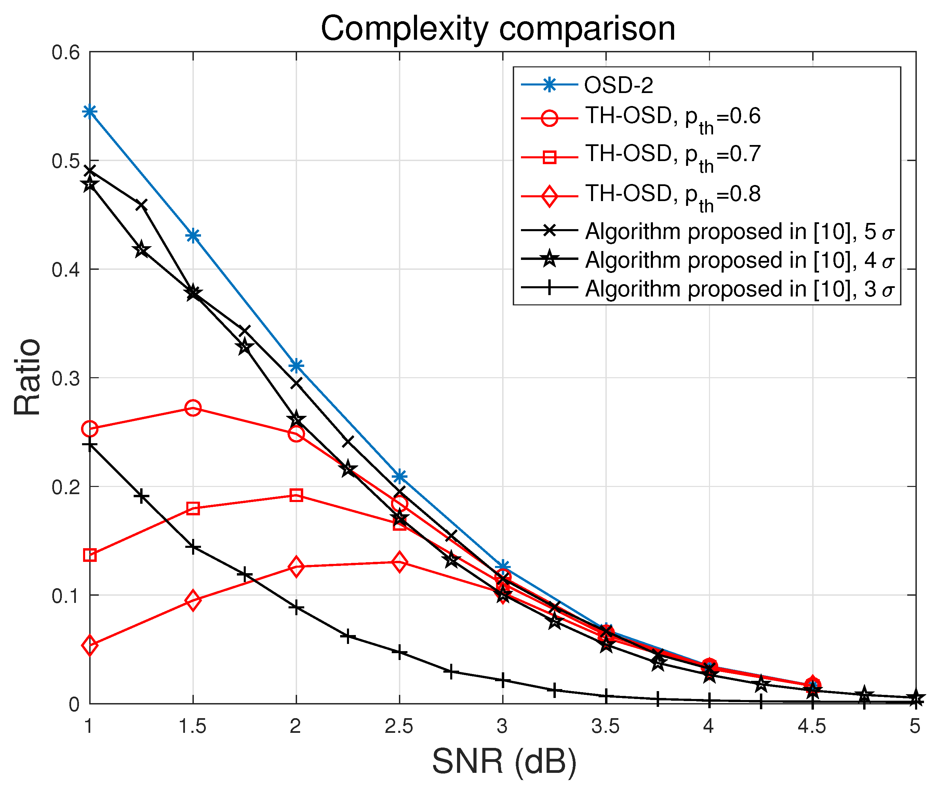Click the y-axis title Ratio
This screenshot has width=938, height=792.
pos(27,378)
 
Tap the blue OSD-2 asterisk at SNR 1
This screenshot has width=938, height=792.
pos(90,111)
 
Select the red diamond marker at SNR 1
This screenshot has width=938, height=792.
pos(90,646)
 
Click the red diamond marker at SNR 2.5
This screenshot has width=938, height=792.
pos(399,562)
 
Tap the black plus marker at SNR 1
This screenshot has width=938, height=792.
pos(90,445)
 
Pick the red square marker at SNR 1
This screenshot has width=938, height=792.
pos(90,555)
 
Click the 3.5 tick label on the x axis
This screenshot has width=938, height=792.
pos(605,726)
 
